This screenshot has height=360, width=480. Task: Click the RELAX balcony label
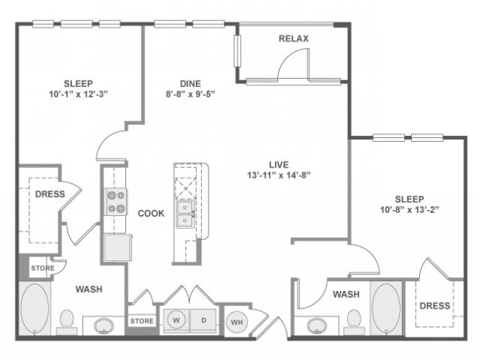point(293,38)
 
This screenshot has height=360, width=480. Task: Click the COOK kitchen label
point(151,213)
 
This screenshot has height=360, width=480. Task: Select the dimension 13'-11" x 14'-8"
point(280,175)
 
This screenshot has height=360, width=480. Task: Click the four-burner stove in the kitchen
point(116,200)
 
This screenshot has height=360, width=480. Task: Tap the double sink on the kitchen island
point(184,214)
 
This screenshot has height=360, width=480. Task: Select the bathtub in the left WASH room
point(34,308)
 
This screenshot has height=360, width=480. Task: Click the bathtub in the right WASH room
point(385,307)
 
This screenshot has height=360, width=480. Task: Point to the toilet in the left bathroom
point(66,321)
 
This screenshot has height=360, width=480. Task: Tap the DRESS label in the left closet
point(49,194)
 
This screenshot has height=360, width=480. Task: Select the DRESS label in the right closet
point(434,305)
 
